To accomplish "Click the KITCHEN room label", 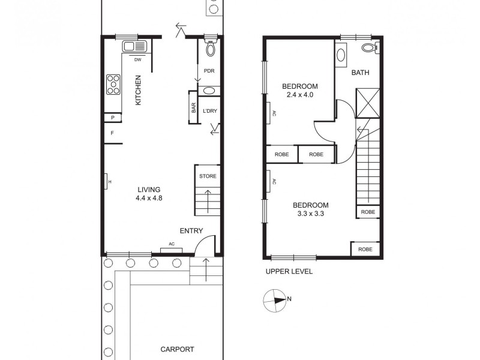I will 138,90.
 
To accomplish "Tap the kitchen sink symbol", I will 135,47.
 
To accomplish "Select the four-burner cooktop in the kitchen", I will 113,85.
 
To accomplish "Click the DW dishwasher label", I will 137,59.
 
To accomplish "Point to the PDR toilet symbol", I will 210,47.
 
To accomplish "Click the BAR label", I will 194,109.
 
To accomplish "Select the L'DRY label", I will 209,111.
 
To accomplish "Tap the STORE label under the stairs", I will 208,176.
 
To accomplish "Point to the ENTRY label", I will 191,231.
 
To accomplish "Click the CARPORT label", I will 177,349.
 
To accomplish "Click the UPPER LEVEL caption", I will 289,271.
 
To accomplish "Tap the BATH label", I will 360,73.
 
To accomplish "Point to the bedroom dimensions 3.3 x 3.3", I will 310,214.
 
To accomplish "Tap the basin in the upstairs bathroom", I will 341,55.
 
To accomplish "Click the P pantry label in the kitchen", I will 112,118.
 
